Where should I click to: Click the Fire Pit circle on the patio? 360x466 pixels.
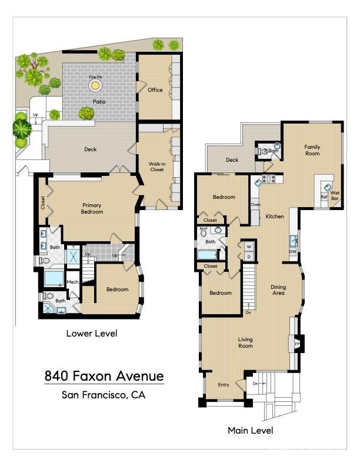(x=95, y=86)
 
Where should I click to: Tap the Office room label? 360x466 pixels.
(x=155, y=90)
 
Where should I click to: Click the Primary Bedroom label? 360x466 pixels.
(x=92, y=208)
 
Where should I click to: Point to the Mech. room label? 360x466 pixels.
(x=73, y=282)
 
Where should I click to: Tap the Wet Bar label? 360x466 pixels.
(x=335, y=195)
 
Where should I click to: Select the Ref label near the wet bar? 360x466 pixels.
(x=324, y=197)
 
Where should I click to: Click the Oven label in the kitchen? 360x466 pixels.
(x=256, y=205)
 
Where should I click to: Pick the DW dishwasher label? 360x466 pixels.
(x=292, y=251)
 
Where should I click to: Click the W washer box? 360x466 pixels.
(x=248, y=246)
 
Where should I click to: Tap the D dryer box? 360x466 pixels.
(x=248, y=257)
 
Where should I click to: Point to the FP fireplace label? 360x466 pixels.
(x=297, y=343)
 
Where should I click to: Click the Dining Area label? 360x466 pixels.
(x=278, y=290)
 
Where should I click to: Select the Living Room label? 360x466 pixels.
(x=245, y=342)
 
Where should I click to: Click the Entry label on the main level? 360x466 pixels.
(x=224, y=385)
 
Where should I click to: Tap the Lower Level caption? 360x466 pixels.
(x=92, y=334)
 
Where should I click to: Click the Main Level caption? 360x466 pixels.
(x=251, y=431)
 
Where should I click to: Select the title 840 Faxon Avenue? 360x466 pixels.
(x=104, y=376)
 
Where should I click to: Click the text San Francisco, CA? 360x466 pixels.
(x=104, y=395)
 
